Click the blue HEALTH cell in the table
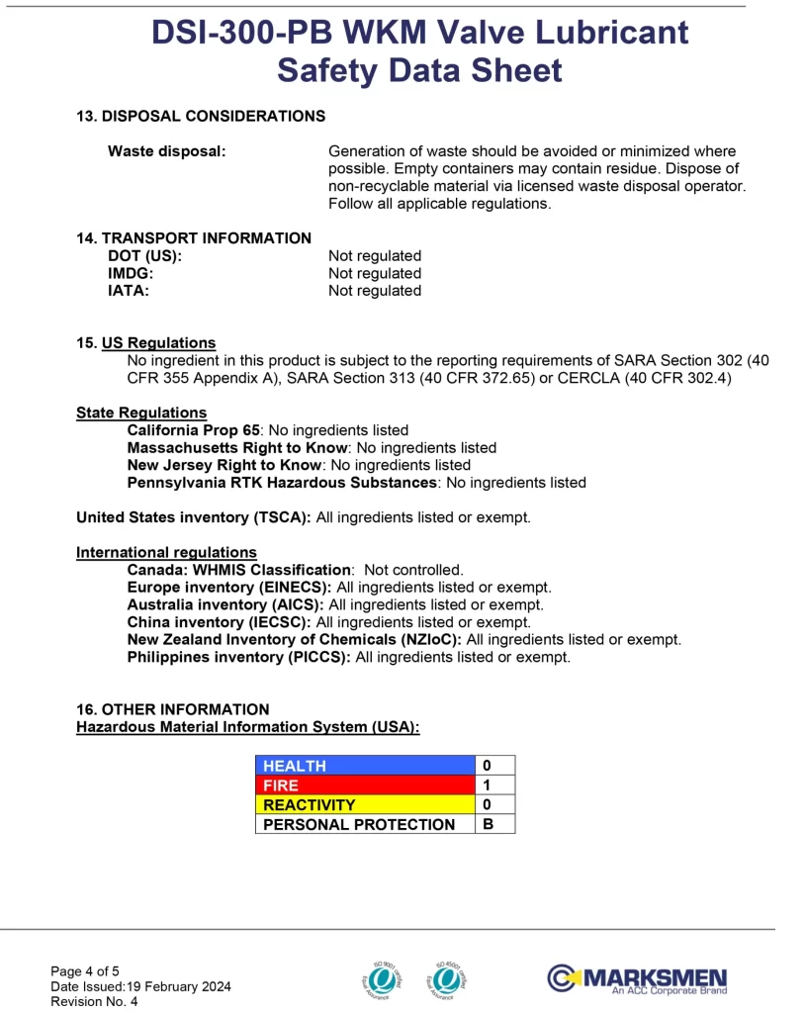tap(364, 766)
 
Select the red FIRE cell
tap(364, 785)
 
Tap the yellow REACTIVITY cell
tap(364, 805)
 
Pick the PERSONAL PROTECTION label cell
tap(364, 824)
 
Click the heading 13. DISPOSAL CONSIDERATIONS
tap(201, 116)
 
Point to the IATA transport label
tap(129, 291)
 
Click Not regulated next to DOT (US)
tap(375, 256)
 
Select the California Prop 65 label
tap(193, 430)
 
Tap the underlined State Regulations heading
tap(141, 413)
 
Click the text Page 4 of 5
tap(85, 970)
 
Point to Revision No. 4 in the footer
tap(94, 1001)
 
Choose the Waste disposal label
tap(166, 151)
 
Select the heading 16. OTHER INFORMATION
tap(172, 709)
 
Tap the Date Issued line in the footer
tap(140, 986)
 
